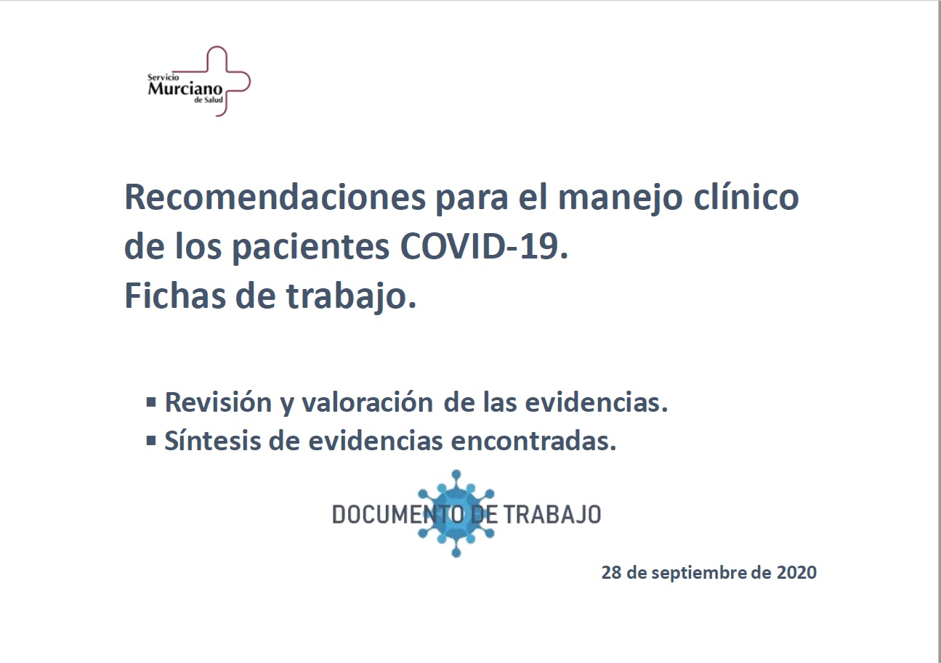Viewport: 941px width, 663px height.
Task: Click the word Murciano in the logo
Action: (x=185, y=88)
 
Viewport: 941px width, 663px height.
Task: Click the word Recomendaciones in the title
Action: (x=275, y=198)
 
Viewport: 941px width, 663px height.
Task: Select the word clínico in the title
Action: (x=746, y=197)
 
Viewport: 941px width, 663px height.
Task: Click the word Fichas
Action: (x=174, y=296)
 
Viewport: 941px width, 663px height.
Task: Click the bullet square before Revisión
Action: (x=151, y=403)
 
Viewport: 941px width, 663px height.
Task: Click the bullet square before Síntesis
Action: (x=151, y=441)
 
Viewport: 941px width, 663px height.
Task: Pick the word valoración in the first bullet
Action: (x=368, y=402)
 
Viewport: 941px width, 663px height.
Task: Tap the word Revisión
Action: (x=219, y=402)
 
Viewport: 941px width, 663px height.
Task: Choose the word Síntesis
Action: (x=213, y=441)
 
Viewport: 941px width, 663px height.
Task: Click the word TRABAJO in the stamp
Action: (x=552, y=515)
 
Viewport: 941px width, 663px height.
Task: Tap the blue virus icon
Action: (x=456, y=513)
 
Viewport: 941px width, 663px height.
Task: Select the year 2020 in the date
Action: (x=796, y=572)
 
